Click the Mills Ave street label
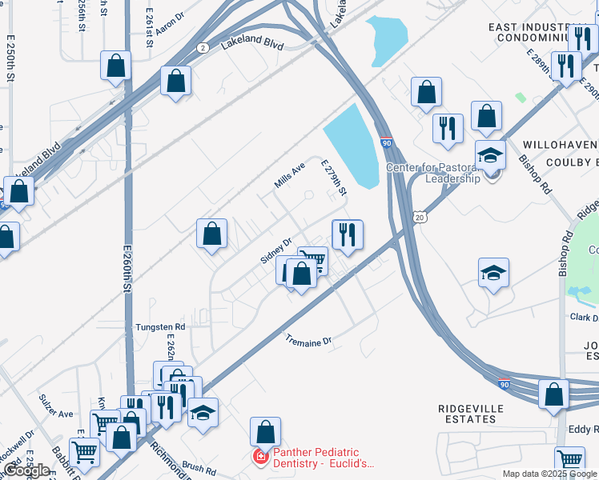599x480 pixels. pos(290,174)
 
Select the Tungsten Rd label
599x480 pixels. pos(160,326)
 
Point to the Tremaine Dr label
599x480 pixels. pos(308,342)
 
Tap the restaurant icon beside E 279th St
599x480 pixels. pos(347,234)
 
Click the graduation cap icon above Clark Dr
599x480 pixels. pos(494,273)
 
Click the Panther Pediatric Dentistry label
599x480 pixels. pos(323,457)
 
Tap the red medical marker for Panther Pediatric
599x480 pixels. pos(259,458)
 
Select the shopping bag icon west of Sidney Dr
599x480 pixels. pos(212,234)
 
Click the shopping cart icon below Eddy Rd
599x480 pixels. pos(569,460)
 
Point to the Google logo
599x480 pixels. pos(26,470)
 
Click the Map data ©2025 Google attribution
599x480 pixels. pos(549,474)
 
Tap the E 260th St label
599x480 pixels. pos(127,272)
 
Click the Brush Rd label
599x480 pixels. pos(194,465)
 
